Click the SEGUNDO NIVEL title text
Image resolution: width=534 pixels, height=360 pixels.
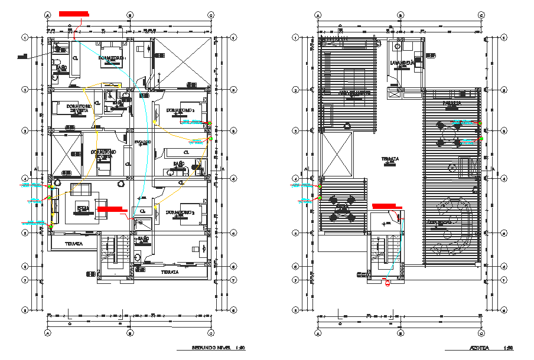210,348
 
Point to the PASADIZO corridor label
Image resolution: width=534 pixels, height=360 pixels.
142,142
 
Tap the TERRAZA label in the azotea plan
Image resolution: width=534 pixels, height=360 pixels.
389,159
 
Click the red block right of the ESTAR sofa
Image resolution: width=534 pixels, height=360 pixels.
112,209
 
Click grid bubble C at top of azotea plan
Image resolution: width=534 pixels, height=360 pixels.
481,15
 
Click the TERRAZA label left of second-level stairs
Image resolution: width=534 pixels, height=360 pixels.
73,243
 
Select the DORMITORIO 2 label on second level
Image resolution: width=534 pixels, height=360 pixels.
180,110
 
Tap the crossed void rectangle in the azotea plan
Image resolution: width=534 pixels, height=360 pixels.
336,154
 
